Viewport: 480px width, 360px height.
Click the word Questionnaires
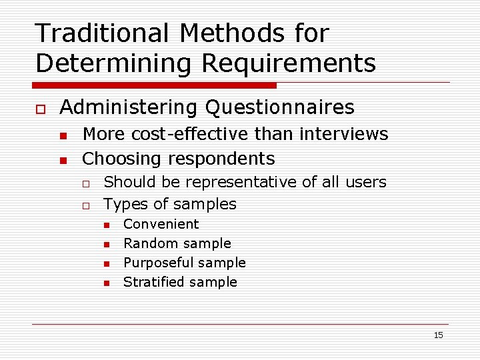tap(280, 107)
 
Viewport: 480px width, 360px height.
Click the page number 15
tap(438, 335)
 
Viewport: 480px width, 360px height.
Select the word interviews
tap(344, 134)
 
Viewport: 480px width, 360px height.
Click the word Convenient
tap(161, 224)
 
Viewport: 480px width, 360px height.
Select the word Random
tap(145, 243)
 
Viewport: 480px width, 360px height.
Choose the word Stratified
tap(150, 282)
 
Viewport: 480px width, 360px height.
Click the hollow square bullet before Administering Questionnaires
tap(40, 108)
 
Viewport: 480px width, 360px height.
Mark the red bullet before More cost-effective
tap(63, 135)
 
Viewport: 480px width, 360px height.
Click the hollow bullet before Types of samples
tap(86, 205)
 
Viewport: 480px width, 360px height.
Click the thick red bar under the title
tap(154, 85)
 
